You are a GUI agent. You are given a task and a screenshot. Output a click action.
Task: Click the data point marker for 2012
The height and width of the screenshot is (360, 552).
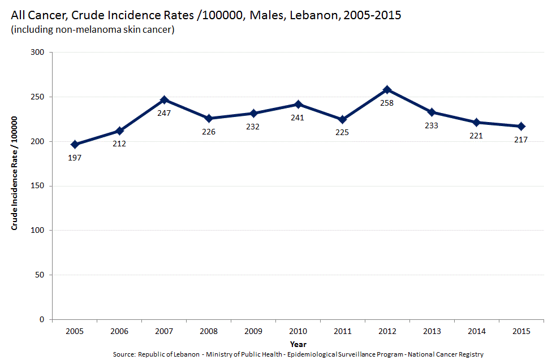387,90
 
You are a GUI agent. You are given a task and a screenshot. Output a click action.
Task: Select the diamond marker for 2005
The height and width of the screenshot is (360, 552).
75,145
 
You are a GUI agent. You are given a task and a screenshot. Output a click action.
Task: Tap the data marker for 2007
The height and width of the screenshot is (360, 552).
164,100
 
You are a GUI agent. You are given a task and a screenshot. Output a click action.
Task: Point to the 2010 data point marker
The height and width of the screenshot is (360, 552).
297,105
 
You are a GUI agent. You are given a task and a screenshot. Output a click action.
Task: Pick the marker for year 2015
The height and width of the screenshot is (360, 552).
521,126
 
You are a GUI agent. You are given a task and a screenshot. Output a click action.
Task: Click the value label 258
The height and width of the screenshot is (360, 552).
387,103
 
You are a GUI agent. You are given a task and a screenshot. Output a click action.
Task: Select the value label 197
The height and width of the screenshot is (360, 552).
75,158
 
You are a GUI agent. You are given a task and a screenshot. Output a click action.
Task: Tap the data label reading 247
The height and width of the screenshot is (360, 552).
164,113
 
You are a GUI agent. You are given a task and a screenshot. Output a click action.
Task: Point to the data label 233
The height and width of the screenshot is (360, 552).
431,125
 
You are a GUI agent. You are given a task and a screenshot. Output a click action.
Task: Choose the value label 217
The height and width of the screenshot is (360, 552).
521,140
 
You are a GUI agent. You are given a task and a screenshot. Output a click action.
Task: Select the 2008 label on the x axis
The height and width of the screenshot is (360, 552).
208,331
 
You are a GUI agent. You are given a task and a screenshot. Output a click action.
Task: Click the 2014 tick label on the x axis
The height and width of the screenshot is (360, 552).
476,331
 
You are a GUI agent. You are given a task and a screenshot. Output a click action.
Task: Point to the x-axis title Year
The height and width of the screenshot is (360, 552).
298,344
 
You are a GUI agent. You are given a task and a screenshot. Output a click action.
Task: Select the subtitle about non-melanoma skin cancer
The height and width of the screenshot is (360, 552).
92,29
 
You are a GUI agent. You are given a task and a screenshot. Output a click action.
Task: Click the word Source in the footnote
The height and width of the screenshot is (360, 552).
124,354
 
